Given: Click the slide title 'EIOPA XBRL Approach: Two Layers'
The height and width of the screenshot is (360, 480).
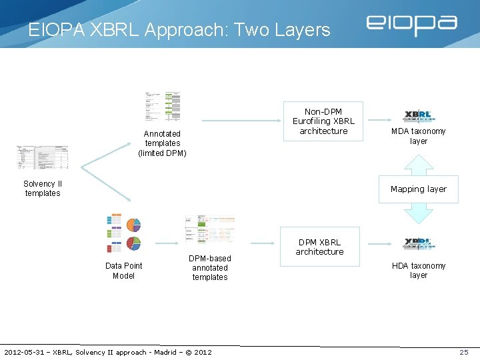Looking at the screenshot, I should click(179, 30).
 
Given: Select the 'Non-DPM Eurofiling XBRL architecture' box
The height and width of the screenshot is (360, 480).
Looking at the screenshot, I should click(323, 121).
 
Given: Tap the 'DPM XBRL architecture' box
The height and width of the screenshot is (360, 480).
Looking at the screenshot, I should click(320, 247).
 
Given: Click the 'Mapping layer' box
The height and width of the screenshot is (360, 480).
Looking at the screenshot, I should click(418, 189).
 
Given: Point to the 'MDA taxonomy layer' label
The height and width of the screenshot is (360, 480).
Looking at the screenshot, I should click(419, 136).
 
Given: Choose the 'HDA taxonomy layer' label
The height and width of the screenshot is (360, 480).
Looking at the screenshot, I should click(419, 270).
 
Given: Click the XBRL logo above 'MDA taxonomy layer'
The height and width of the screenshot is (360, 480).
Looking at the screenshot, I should click(419, 116).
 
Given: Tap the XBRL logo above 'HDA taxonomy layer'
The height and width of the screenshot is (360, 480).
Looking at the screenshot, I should click(419, 244).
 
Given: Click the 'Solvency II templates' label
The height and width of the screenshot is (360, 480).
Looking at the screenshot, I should click(42, 189).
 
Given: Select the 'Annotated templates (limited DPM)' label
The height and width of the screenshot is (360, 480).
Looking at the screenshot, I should click(162, 143).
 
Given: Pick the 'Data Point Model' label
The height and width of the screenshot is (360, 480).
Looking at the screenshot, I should click(123, 271).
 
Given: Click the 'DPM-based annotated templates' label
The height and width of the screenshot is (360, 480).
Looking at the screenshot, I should click(210, 268).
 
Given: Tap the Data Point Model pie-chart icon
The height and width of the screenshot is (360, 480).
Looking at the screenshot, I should click(124, 233).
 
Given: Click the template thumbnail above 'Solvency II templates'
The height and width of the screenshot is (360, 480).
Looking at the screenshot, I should click(43, 157).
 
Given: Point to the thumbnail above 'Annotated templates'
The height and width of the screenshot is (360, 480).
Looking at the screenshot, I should click(163, 105).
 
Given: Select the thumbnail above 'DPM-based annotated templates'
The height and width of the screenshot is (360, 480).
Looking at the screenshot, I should click(209, 230).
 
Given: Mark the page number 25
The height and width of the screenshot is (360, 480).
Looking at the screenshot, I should click(464, 352).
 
